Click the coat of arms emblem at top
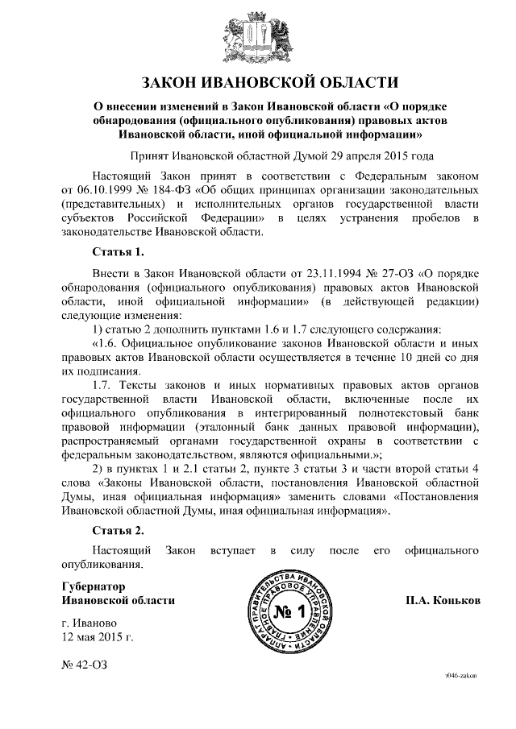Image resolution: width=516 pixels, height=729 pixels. tap(258, 37)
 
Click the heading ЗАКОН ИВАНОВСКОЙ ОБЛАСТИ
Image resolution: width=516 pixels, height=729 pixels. tap(258, 81)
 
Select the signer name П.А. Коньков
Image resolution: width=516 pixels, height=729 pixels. tap(443, 601)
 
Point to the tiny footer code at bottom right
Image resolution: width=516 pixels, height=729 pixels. tap(460, 678)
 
